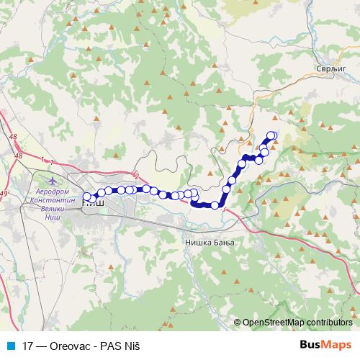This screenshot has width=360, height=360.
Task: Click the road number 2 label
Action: click(x=135, y=175)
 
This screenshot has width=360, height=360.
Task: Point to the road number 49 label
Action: click(x=4, y=194)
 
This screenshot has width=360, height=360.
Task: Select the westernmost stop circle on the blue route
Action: click(x=87, y=196)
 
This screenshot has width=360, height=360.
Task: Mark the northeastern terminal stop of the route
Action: click(x=272, y=135)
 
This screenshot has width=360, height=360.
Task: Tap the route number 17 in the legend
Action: click(x=29, y=345)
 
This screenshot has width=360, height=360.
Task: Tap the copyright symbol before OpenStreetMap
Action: click(x=238, y=323)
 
